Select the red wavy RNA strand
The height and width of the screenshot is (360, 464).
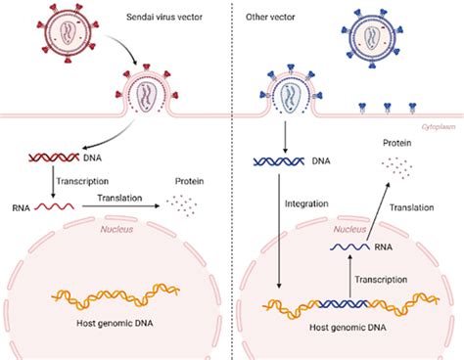click(x=57, y=207)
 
